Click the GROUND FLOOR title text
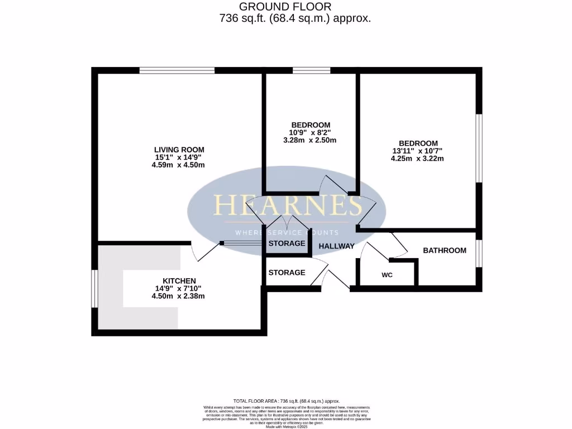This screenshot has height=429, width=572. click(285, 7)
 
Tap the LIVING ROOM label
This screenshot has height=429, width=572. click(179, 150)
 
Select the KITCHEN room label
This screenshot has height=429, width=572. click(179, 280)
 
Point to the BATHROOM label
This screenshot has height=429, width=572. click(445, 250)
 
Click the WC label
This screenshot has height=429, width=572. click(387, 275)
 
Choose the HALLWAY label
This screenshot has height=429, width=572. click(336, 246)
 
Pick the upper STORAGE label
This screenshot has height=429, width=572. click(287, 244)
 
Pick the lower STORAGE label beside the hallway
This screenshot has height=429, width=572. click(287, 273)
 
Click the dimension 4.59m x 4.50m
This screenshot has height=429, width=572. click(179, 165)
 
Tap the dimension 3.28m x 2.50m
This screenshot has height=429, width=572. click(311, 140)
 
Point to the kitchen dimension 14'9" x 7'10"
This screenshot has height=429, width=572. click(179, 288)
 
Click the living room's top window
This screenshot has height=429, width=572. click(177, 70)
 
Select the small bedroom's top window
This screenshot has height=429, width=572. click(311, 70)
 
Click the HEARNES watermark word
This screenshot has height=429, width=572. click(288, 206)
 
